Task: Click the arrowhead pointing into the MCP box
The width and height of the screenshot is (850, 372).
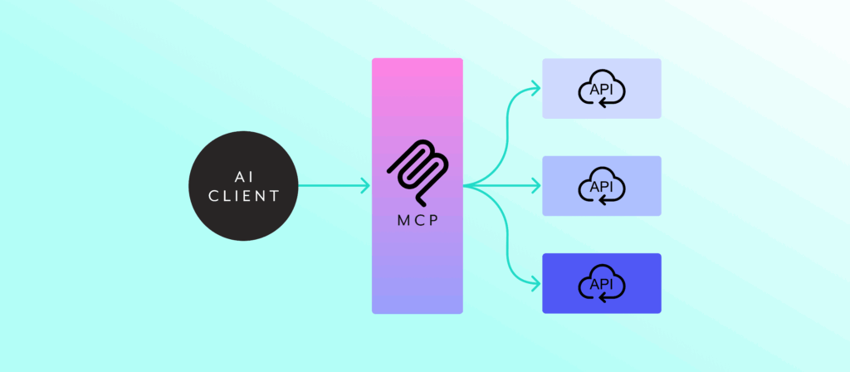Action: point(365,186)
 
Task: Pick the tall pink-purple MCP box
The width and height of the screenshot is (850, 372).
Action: point(417,249)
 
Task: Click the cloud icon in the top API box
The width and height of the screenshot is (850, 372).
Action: point(601,89)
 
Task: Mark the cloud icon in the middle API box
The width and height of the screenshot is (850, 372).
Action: point(601,186)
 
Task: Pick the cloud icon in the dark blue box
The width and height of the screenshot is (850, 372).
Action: point(601,283)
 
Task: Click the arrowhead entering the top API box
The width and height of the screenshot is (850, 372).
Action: point(535,89)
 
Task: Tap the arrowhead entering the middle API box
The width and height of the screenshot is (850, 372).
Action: point(535,186)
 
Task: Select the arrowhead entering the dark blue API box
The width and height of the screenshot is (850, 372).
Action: point(535,283)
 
